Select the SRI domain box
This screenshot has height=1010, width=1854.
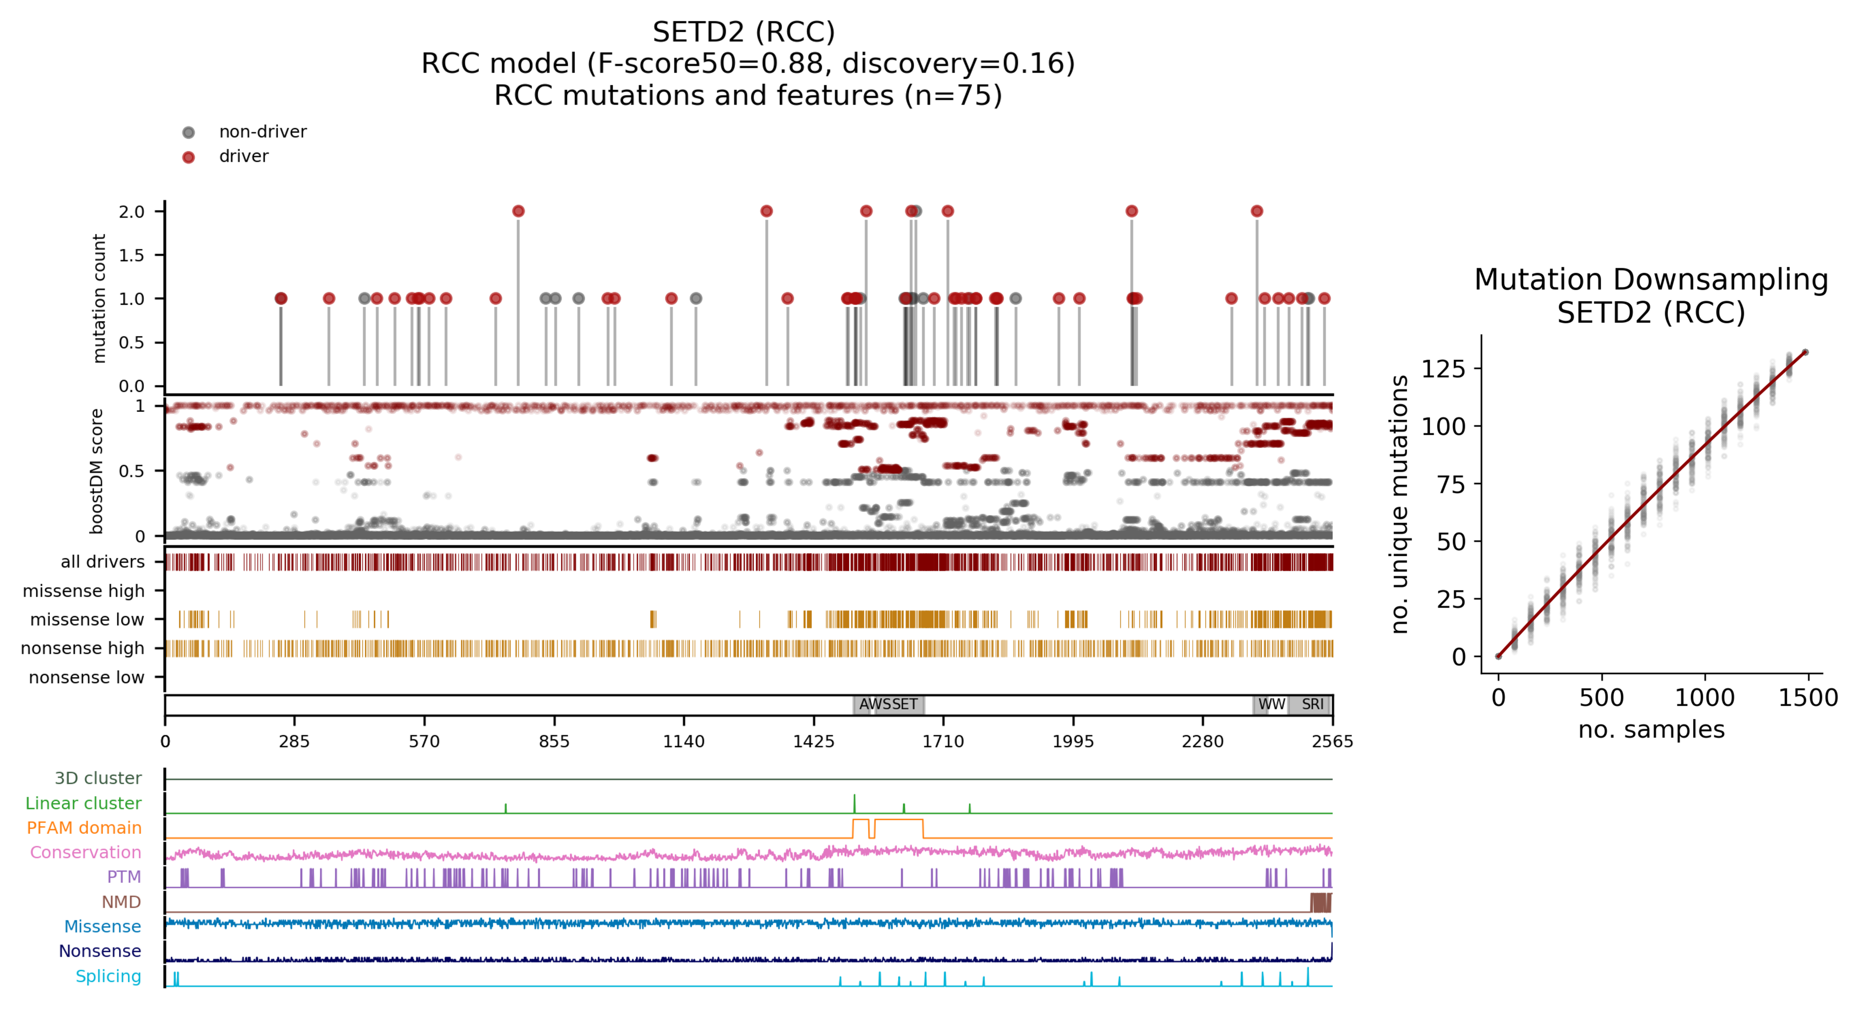(x=1312, y=704)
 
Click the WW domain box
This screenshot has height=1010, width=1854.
(x=1271, y=704)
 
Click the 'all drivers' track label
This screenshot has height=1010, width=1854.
(x=102, y=562)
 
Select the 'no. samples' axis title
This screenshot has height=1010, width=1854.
(x=1651, y=729)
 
